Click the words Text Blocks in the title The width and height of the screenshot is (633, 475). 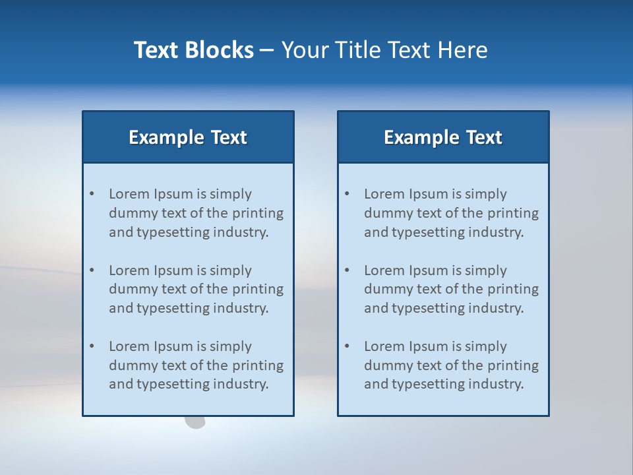(193, 50)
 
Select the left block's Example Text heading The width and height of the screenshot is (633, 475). (188, 137)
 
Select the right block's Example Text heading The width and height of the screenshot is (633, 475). (443, 137)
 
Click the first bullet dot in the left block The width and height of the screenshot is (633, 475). (92, 194)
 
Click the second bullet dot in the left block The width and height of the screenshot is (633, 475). (92, 270)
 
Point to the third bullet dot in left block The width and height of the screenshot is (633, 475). (92, 346)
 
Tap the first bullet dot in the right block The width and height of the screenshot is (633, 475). (347, 194)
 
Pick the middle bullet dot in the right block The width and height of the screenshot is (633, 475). (347, 270)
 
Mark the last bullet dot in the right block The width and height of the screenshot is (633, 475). (347, 346)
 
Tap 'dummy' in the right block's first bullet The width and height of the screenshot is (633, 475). (386, 213)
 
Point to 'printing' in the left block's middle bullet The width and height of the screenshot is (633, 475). (258, 289)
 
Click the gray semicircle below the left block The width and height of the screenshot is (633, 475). (195, 422)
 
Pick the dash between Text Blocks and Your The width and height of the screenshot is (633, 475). (267, 50)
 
